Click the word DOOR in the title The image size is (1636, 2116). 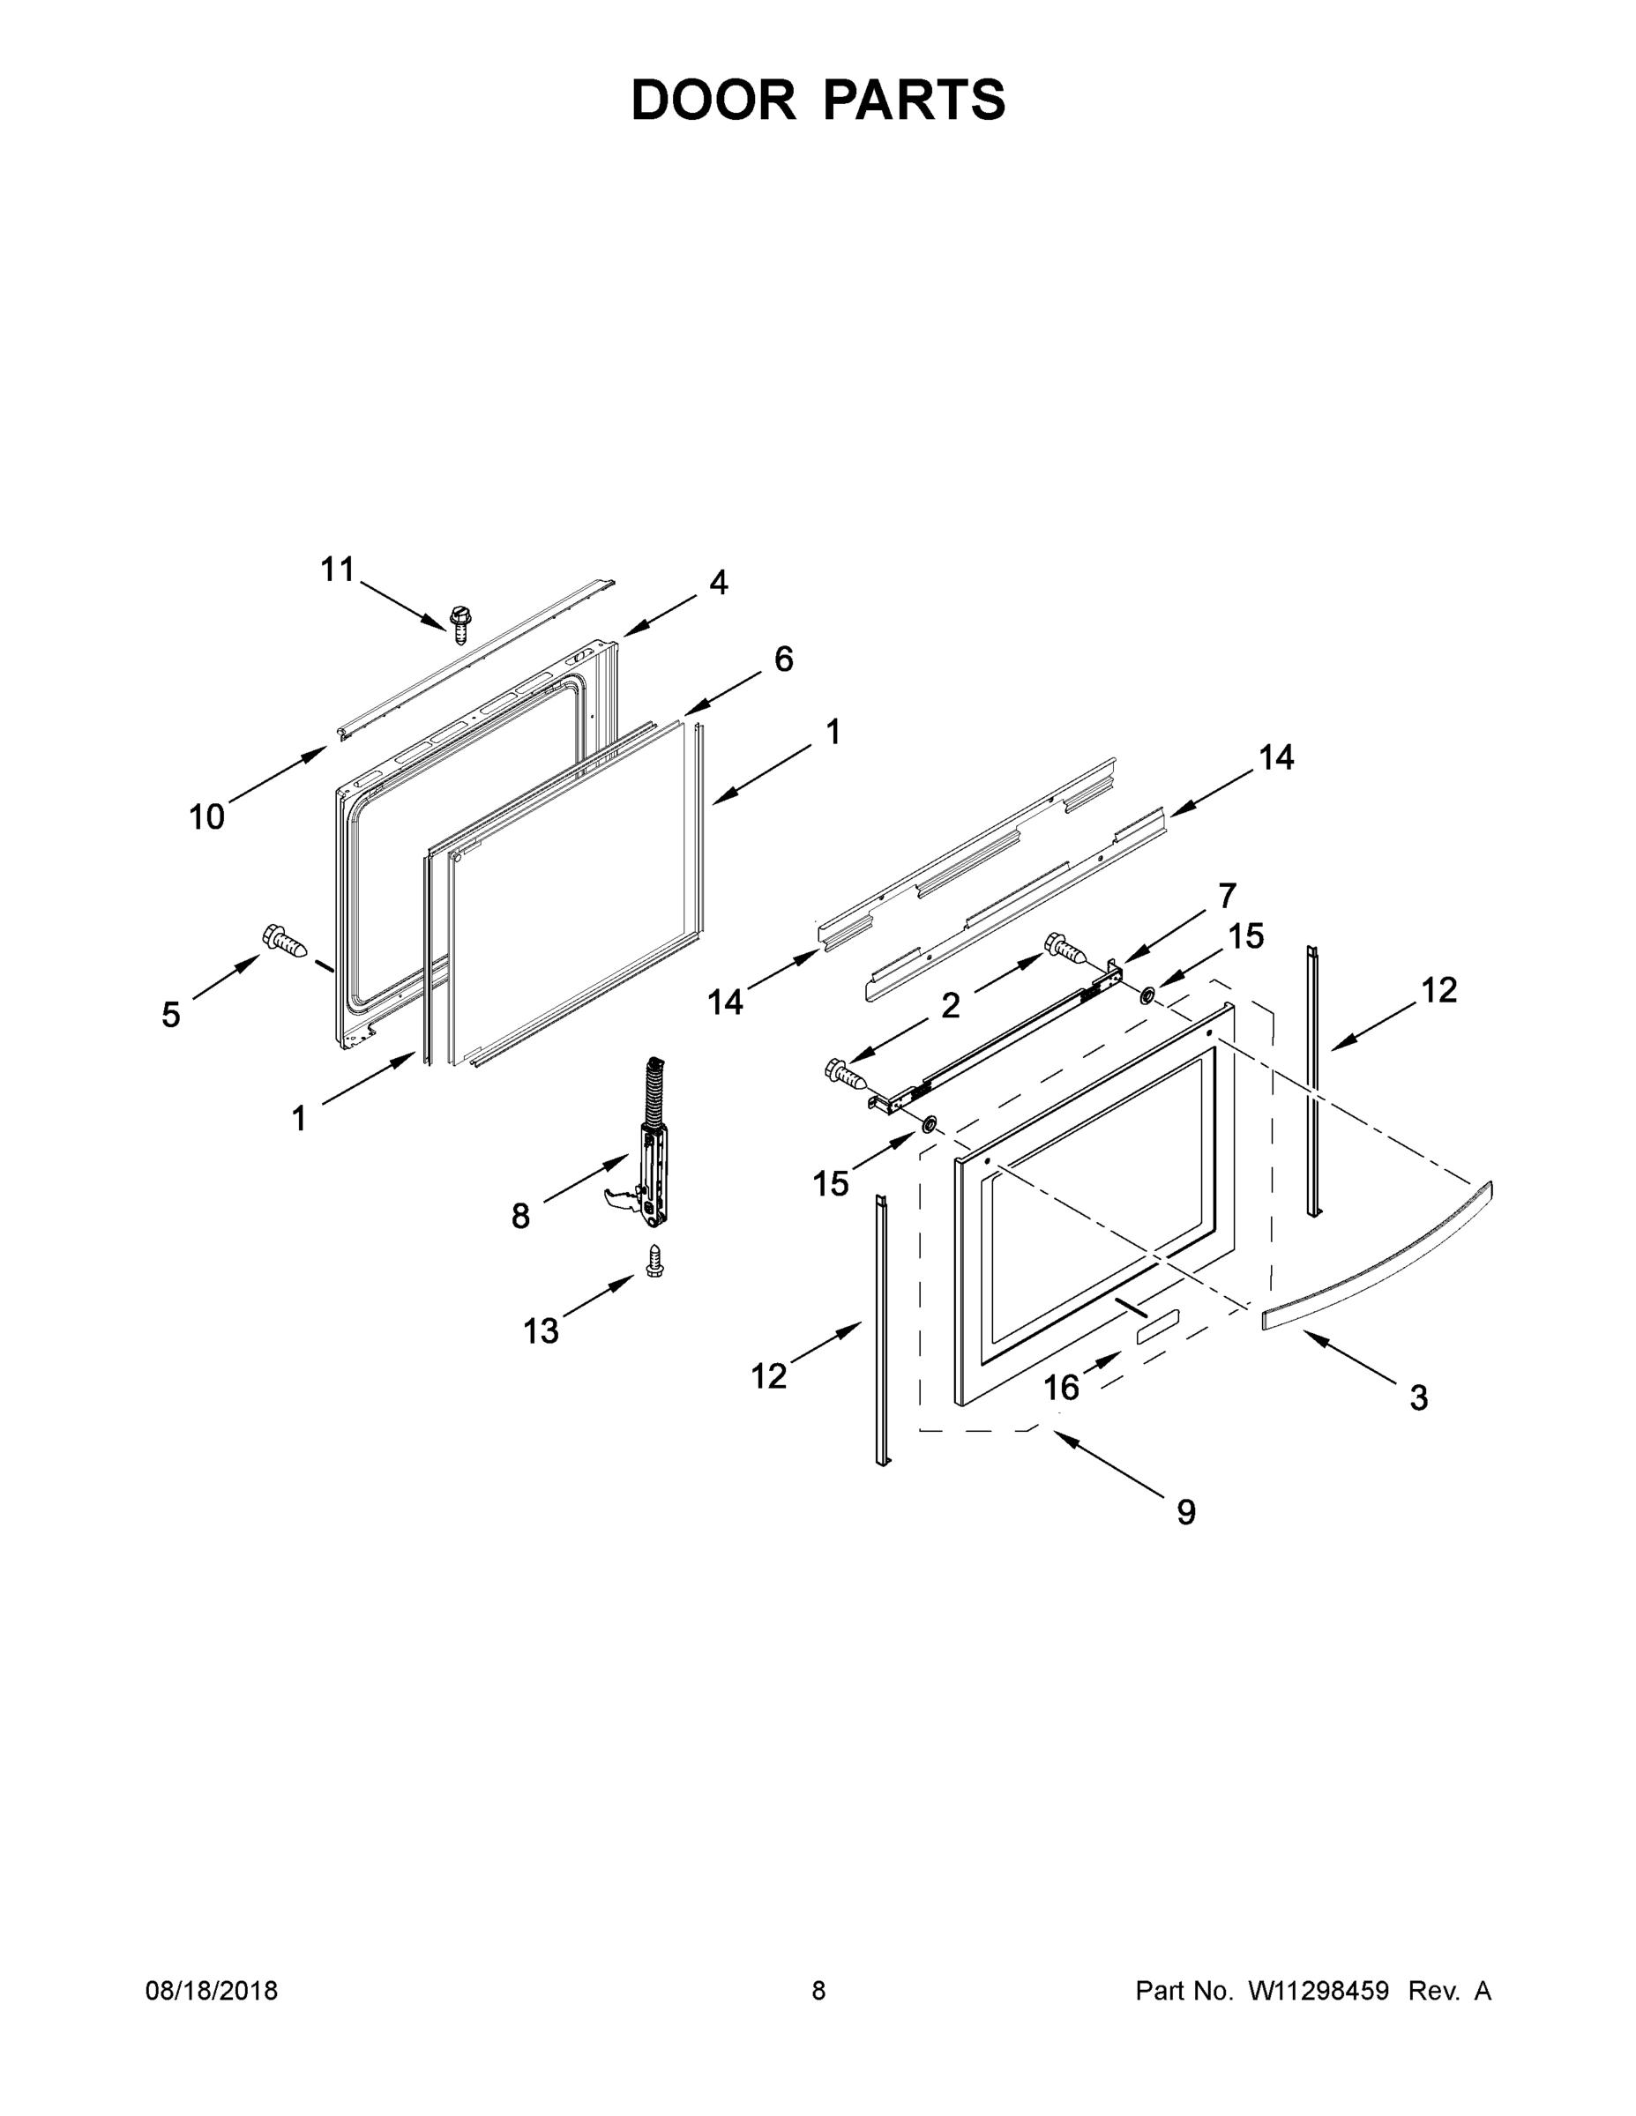tap(713, 100)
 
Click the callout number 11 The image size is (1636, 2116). tap(337, 570)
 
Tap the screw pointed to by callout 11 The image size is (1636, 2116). tap(460, 624)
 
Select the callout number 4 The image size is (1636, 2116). tap(718, 582)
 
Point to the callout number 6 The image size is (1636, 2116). tap(783, 659)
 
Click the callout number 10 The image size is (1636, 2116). tap(206, 817)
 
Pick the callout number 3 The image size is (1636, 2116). tap(1418, 1398)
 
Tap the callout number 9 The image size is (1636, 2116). tap(1186, 1512)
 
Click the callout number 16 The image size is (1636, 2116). tap(1060, 1389)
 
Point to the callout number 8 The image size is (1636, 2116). tap(520, 1216)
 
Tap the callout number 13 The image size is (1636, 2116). tap(541, 1331)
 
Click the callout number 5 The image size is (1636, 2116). tap(170, 1016)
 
